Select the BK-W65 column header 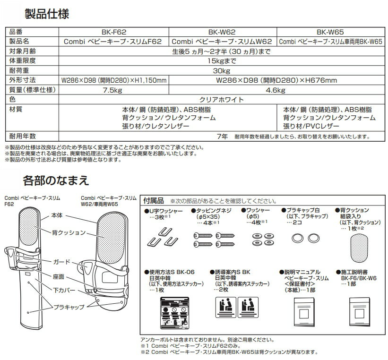[x=329, y=33]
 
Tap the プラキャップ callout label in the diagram [x=71, y=307]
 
